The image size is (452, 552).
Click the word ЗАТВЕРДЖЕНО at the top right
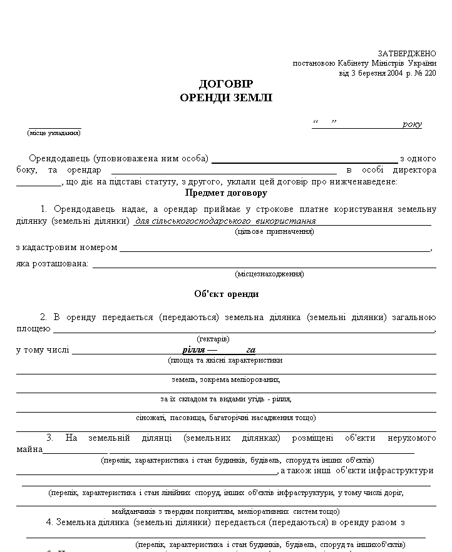pyautogui.click(x=407, y=54)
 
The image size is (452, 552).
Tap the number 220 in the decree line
pyautogui.click(x=429, y=73)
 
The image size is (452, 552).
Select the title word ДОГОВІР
pyautogui.click(x=226, y=84)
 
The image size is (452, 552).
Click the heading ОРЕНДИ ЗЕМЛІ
pyautogui.click(x=226, y=98)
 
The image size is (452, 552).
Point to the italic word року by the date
pyautogui.click(x=412, y=124)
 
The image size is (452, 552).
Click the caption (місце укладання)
pyautogui.click(x=54, y=133)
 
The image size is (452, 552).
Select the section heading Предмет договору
pyautogui.click(x=226, y=193)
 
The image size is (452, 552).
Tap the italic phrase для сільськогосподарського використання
pyautogui.click(x=225, y=221)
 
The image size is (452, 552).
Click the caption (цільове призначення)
pyautogui.click(x=274, y=231)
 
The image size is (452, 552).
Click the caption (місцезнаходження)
pyautogui.click(x=269, y=274)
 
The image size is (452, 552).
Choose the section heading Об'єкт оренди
pyautogui.click(x=226, y=294)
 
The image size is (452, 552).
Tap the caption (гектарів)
pyautogui.click(x=213, y=339)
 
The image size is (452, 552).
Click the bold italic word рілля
pyautogui.click(x=193, y=350)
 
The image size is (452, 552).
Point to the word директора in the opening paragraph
pyautogui.click(x=414, y=170)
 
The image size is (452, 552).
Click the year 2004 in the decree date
pyautogui.click(x=394, y=73)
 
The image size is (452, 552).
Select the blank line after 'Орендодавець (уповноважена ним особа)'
pyautogui.click(x=304, y=159)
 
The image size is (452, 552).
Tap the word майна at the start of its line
pyautogui.click(x=29, y=449)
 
